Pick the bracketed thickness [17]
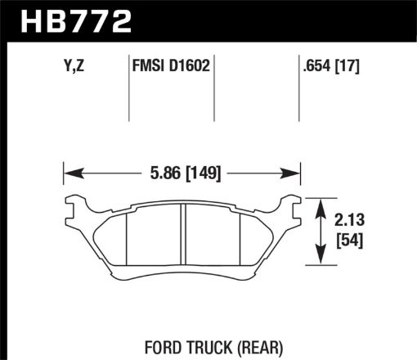pos(348,66)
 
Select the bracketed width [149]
pos(203,173)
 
